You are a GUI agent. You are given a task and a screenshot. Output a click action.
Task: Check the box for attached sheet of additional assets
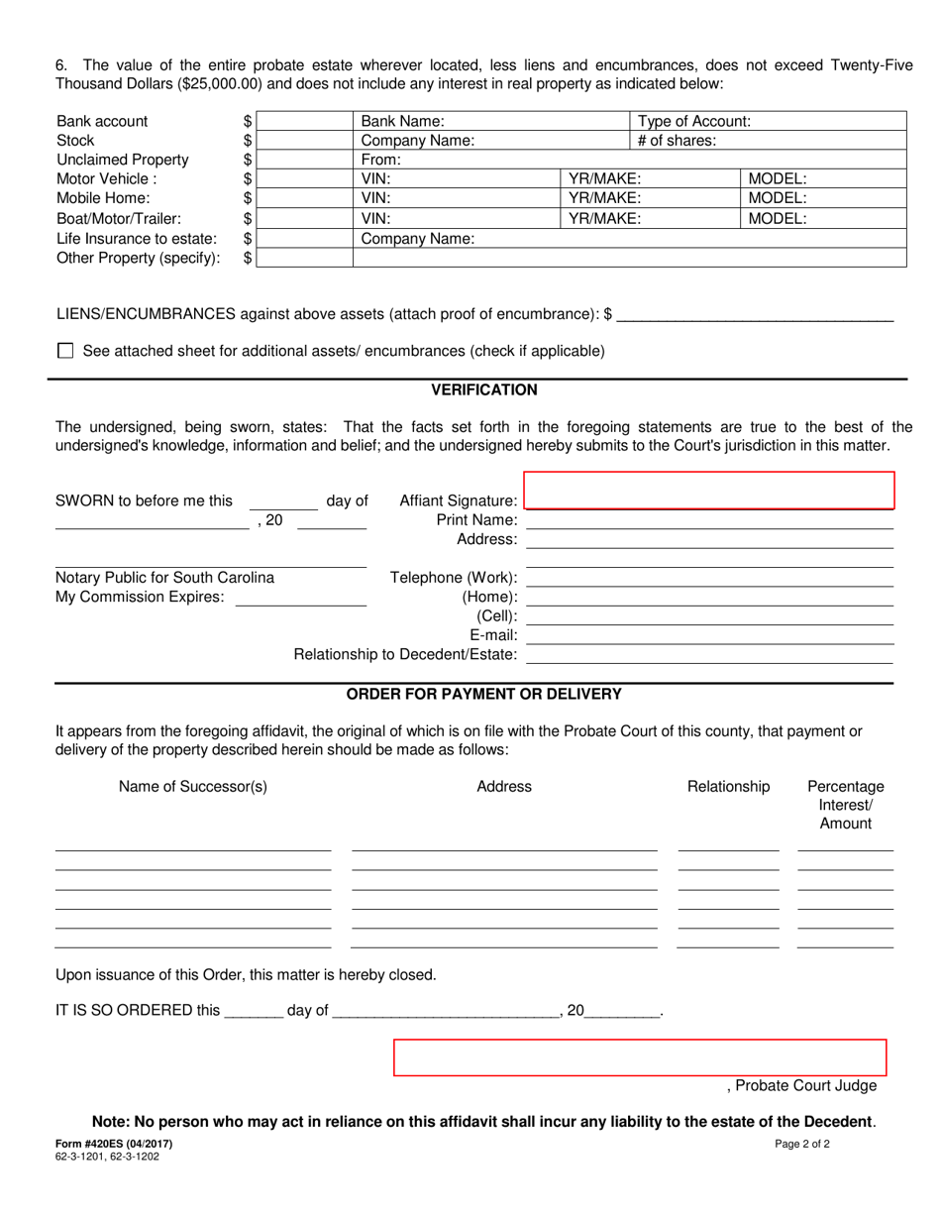[x=66, y=351]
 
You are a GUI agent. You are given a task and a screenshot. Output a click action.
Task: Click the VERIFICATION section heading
[x=484, y=390]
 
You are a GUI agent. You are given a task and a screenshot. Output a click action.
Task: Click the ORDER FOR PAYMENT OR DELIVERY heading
[x=483, y=695]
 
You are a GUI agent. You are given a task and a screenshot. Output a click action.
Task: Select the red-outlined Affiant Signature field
[x=709, y=491]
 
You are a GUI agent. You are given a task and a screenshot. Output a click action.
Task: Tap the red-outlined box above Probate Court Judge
[x=640, y=1057]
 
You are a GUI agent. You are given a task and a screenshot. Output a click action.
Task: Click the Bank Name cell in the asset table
[x=491, y=121]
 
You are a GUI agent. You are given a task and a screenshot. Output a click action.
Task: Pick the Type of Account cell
[x=769, y=121]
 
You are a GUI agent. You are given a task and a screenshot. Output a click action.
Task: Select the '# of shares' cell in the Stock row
[x=769, y=141]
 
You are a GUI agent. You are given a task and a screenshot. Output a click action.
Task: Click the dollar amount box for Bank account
[x=304, y=121]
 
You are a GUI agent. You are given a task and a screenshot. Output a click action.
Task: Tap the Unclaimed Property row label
[x=123, y=161]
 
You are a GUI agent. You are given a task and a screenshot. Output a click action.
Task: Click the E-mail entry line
[x=709, y=635]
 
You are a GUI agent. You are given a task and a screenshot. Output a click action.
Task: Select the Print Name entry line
[x=709, y=520]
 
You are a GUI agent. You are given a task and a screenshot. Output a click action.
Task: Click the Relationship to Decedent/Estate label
[x=405, y=655]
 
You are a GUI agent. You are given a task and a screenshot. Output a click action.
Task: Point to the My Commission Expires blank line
[x=300, y=598]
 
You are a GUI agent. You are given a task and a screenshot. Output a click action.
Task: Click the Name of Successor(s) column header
[x=193, y=787]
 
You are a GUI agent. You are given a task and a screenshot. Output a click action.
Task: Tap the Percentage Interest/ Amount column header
[x=846, y=805]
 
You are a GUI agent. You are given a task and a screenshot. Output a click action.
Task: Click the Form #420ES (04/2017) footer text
[x=114, y=1144]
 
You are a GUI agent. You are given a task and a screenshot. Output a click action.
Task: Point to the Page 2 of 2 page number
[x=802, y=1144]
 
